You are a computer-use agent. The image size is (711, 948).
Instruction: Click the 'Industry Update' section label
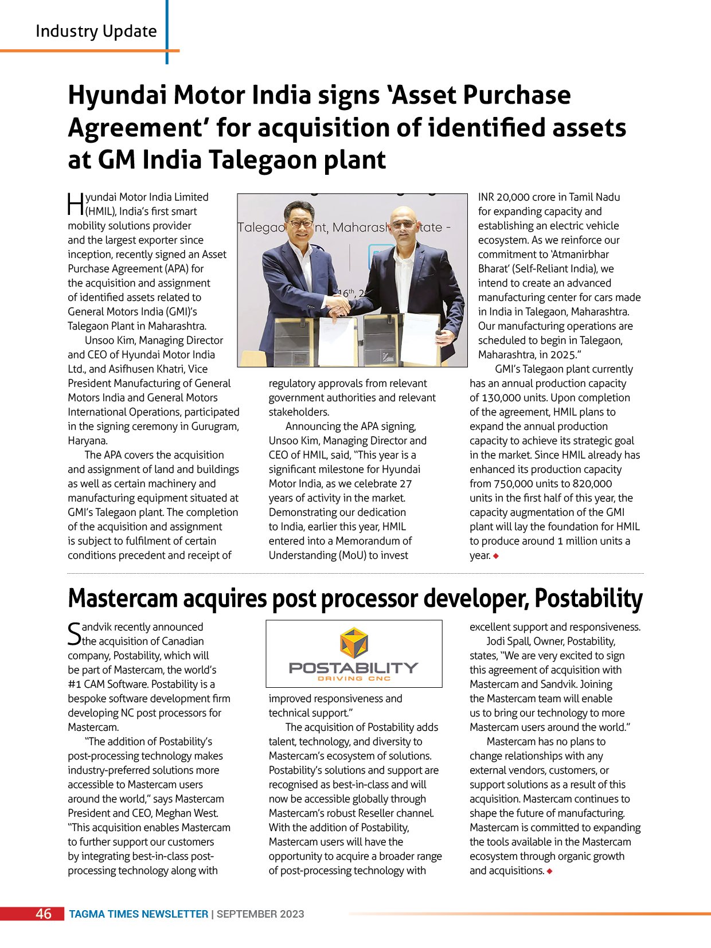[96, 31]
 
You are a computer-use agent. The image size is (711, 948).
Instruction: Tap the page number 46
[44, 914]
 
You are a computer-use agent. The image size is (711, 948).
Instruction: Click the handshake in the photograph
[338, 304]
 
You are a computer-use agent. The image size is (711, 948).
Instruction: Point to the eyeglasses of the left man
[300, 223]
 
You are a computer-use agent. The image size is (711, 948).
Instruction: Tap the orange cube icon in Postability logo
[354, 643]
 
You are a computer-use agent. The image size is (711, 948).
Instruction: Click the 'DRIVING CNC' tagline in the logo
[354, 679]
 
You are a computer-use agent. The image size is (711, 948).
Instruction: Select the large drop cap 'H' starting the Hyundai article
[76, 204]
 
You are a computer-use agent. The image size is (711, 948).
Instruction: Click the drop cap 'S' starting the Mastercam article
[75, 633]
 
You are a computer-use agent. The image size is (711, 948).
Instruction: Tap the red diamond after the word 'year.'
[496, 555]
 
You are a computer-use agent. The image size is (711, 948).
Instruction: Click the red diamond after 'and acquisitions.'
[549, 871]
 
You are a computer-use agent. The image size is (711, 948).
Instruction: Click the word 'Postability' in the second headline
[588, 598]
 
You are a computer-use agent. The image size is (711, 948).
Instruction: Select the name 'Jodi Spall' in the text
[510, 641]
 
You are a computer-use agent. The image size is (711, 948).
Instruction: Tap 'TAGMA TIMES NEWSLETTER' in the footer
[138, 914]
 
